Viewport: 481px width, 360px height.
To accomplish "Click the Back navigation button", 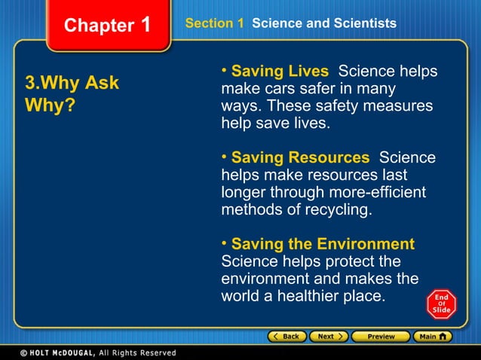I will point(286,336).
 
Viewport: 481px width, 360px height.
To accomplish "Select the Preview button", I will point(381,336).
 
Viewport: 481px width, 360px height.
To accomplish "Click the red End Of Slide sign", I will point(441,304).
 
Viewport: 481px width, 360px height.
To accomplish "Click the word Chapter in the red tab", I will point(99,26).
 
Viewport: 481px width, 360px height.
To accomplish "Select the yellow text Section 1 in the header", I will point(214,23).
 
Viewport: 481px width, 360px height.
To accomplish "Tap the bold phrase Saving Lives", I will point(280,72).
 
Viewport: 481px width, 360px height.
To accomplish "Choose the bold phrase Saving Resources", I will point(300,157).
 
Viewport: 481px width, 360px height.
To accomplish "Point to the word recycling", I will point(339,209).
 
